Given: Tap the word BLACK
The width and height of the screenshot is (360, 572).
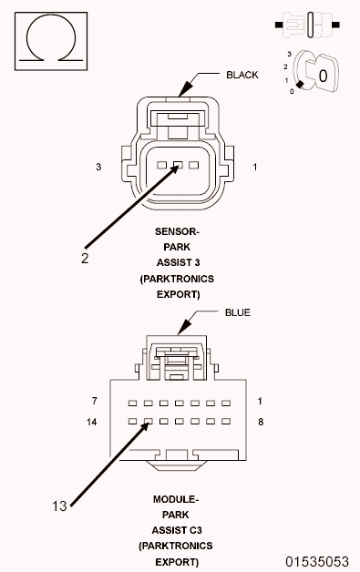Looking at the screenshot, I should point(243,76).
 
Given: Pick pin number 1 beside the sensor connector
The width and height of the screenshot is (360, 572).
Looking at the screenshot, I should point(255,167).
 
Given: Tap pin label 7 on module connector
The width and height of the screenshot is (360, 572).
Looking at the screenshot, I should point(94,402).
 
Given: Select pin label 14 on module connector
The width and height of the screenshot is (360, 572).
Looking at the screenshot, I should point(91,423).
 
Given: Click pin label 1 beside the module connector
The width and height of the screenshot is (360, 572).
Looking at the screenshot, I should point(260,402).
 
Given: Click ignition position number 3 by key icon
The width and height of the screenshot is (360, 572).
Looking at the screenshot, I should point(288,55).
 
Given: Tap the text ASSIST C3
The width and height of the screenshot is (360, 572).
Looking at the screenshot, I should point(177,530).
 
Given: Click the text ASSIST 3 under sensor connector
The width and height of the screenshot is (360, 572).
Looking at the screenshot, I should point(177,262).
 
